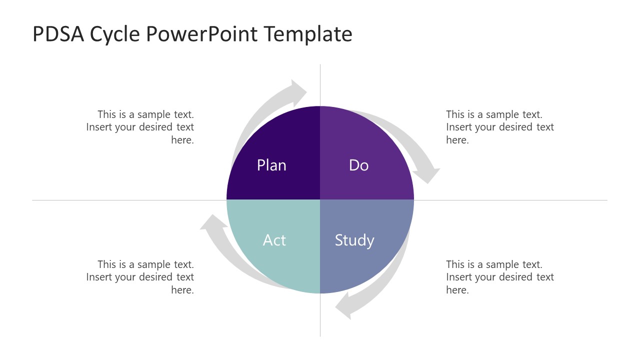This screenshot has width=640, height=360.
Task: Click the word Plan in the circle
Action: (x=271, y=165)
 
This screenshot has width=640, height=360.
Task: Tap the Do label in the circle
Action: (x=358, y=165)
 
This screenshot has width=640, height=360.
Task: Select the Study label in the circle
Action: (x=354, y=240)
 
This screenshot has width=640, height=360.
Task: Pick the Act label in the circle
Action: (x=274, y=240)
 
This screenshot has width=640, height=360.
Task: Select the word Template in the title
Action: (x=308, y=34)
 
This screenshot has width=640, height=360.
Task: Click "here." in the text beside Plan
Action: (x=182, y=140)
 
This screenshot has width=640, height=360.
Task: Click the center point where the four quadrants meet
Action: (x=320, y=200)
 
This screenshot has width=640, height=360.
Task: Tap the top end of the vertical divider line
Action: (x=320, y=65)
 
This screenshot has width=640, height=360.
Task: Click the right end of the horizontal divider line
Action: (x=606, y=200)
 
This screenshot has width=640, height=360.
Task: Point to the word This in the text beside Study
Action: (x=455, y=264)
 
